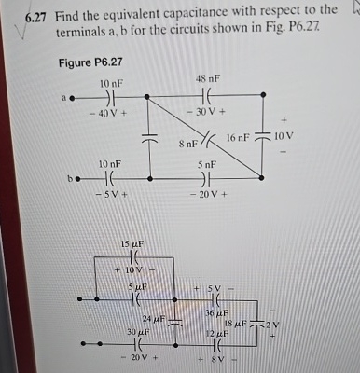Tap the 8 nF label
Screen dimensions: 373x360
coord(187,144)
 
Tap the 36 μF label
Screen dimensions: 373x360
coord(217,313)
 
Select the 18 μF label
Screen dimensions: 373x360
coord(234,322)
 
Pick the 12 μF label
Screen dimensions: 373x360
coord(217,333)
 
